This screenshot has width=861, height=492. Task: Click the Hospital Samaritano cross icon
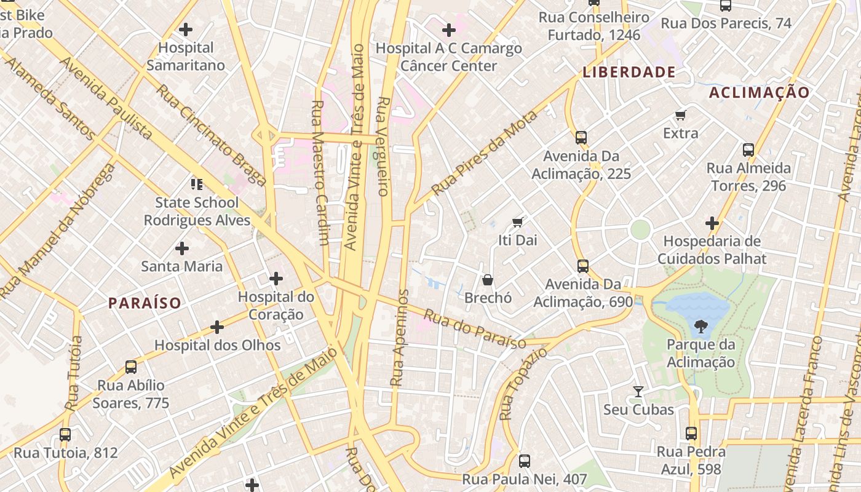click(185, 29)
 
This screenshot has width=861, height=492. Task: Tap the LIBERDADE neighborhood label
click(629, 72)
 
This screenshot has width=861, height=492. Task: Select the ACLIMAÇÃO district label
click(760, 93)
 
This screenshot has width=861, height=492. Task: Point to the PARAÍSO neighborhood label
click(145, 303)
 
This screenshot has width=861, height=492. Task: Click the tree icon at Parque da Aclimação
click(700, 326)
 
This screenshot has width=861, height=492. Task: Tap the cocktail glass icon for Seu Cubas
click(638, 391)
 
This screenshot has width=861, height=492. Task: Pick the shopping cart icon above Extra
click(680, 115)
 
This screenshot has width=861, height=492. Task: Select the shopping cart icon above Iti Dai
click(517, 222)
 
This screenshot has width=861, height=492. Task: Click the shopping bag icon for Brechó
click(488, 280)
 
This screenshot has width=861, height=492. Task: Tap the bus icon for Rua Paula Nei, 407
click(524, 461)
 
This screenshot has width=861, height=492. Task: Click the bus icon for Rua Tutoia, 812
click(65, 434)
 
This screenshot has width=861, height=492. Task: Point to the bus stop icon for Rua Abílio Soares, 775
click(131, 367)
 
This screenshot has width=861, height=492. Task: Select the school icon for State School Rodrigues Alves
click(197, 184)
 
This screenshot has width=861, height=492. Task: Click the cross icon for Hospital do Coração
click(276, 279)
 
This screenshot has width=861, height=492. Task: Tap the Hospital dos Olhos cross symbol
click(216, 327)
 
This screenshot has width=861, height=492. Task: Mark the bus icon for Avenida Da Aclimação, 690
click(582, 266)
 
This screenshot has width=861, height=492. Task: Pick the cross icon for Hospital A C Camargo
click(449, 30)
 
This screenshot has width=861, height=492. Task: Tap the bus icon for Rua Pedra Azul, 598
click(691, 434)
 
